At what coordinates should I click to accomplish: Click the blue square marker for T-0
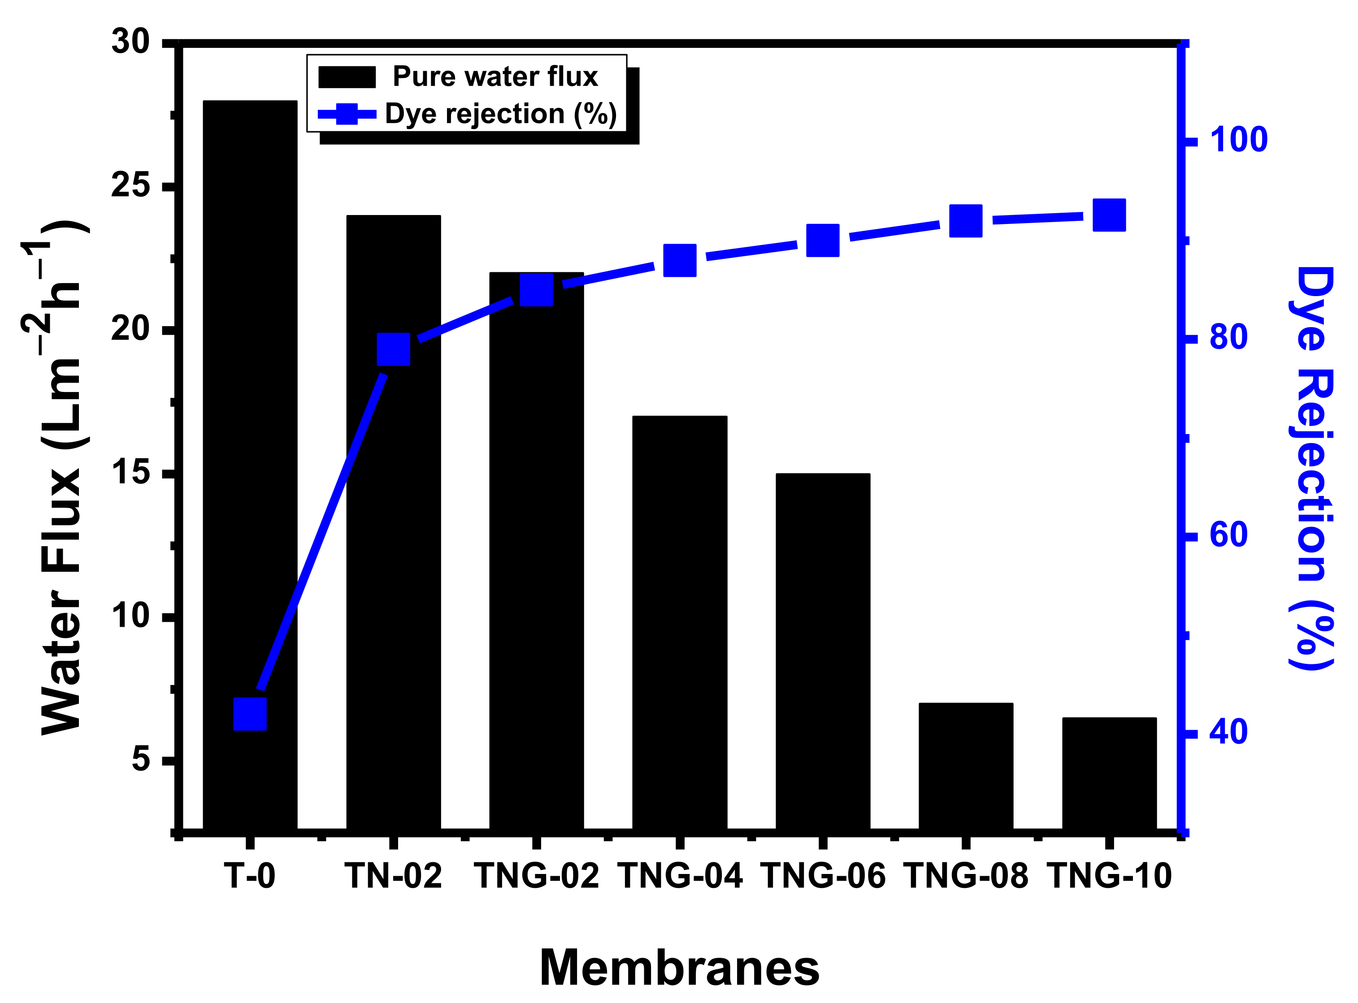(250, 714)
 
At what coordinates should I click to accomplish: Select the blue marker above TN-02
(393, 349)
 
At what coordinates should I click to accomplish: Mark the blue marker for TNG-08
(966, 220)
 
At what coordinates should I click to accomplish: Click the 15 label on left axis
(130, 472)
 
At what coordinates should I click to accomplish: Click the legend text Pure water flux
(495, 77)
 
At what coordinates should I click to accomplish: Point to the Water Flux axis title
(61, 477)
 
